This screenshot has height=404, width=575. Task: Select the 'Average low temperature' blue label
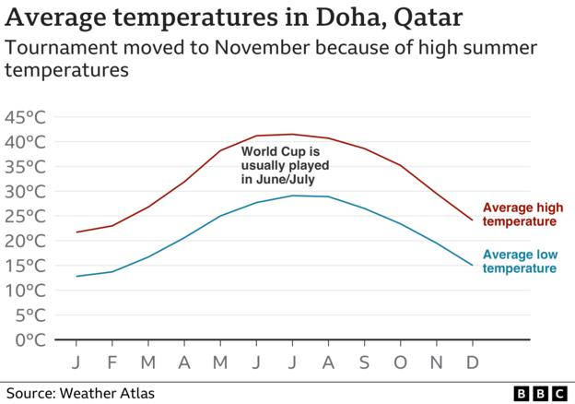(x=521, y=261)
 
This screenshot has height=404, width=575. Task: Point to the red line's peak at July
(x=292, y=135)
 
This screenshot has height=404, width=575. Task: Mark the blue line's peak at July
(x=292, y=196)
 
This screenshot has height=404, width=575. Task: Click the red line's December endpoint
(x=472, y=220)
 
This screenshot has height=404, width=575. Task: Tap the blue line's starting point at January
(x=76, y=276)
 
